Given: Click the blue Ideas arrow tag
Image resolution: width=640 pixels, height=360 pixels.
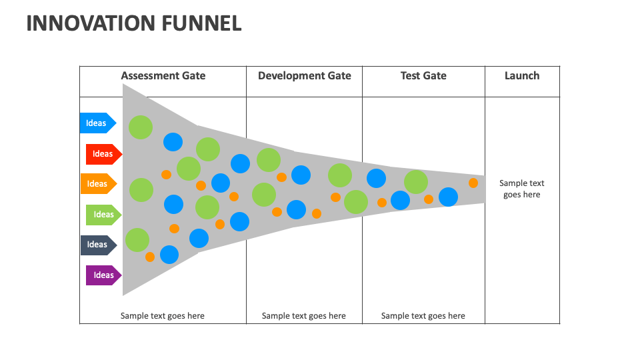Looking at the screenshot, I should point(97,123).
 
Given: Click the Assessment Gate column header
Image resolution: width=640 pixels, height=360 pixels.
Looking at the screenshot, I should point(163,76).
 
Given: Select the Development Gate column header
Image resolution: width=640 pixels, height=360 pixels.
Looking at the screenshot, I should point(304,76).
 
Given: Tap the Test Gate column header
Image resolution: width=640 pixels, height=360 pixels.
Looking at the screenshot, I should point(423,76).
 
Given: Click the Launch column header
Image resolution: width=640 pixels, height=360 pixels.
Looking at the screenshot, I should point(522,76).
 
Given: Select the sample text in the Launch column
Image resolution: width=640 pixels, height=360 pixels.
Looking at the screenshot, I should point(522,189).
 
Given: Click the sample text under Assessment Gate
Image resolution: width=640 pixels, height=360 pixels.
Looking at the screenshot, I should point(163,316).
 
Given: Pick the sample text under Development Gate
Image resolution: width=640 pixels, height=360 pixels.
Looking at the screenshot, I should point(304,316).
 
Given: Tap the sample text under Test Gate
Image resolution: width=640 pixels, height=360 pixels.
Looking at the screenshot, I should point(423,316).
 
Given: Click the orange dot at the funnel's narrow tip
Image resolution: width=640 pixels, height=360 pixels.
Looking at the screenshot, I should point(473,183).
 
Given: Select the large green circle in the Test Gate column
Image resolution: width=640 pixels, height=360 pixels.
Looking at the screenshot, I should point(416,182).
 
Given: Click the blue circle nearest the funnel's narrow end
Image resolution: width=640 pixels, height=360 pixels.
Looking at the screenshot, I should point(448,197).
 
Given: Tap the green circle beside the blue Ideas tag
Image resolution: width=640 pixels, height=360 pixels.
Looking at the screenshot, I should point(141,127).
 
